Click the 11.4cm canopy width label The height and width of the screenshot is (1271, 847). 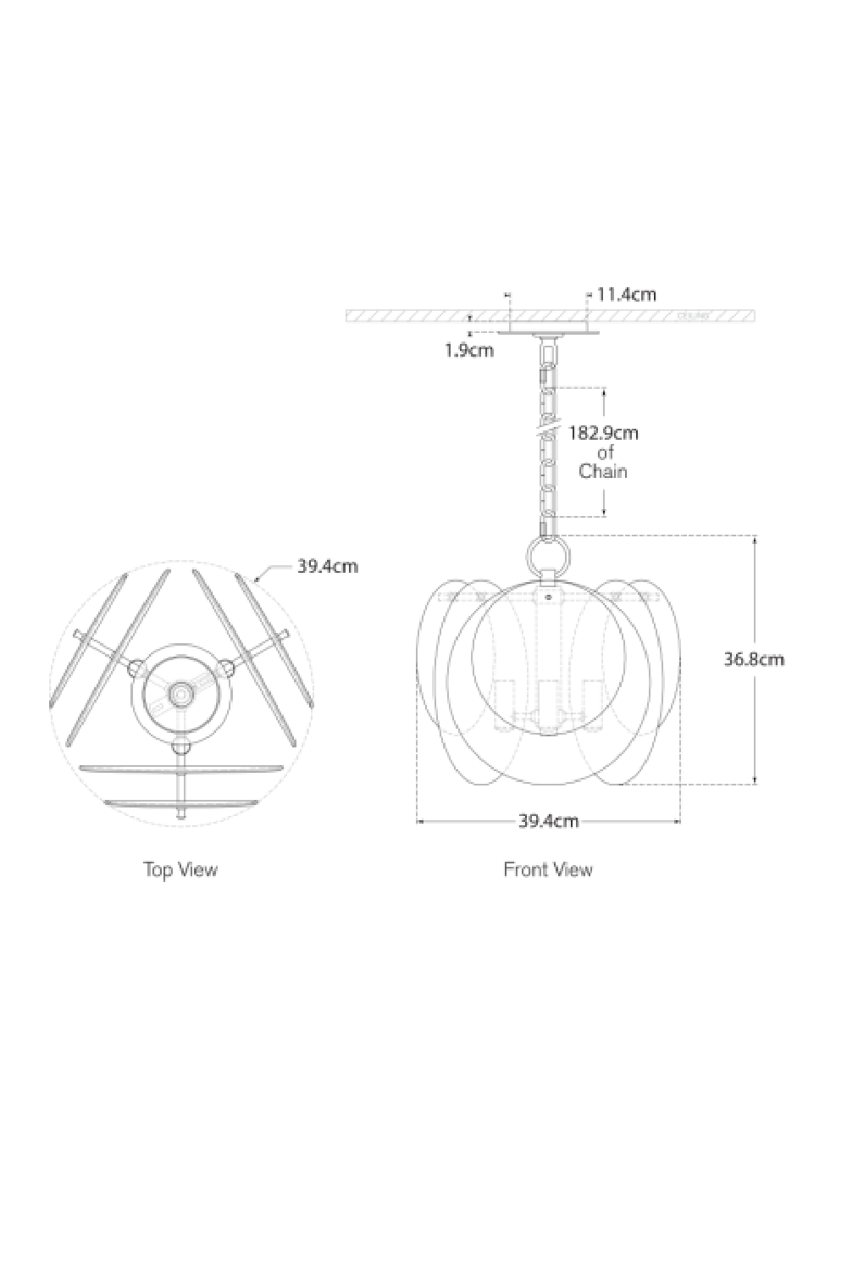point(627,295)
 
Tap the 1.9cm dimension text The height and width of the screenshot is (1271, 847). point(469,349)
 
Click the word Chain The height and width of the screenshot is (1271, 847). point(603,471)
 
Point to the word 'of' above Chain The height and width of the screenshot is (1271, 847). point(605,452)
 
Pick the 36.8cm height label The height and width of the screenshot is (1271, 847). point(754,658)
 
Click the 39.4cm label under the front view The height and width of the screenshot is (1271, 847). point(548,820)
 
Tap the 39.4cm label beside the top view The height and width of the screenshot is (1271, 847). point(327,566)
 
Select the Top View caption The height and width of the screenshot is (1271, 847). point(180,869)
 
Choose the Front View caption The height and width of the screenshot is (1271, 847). point(548,869)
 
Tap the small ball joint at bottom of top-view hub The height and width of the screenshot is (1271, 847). point(180,748)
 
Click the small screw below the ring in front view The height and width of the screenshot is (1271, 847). point(548,598)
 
